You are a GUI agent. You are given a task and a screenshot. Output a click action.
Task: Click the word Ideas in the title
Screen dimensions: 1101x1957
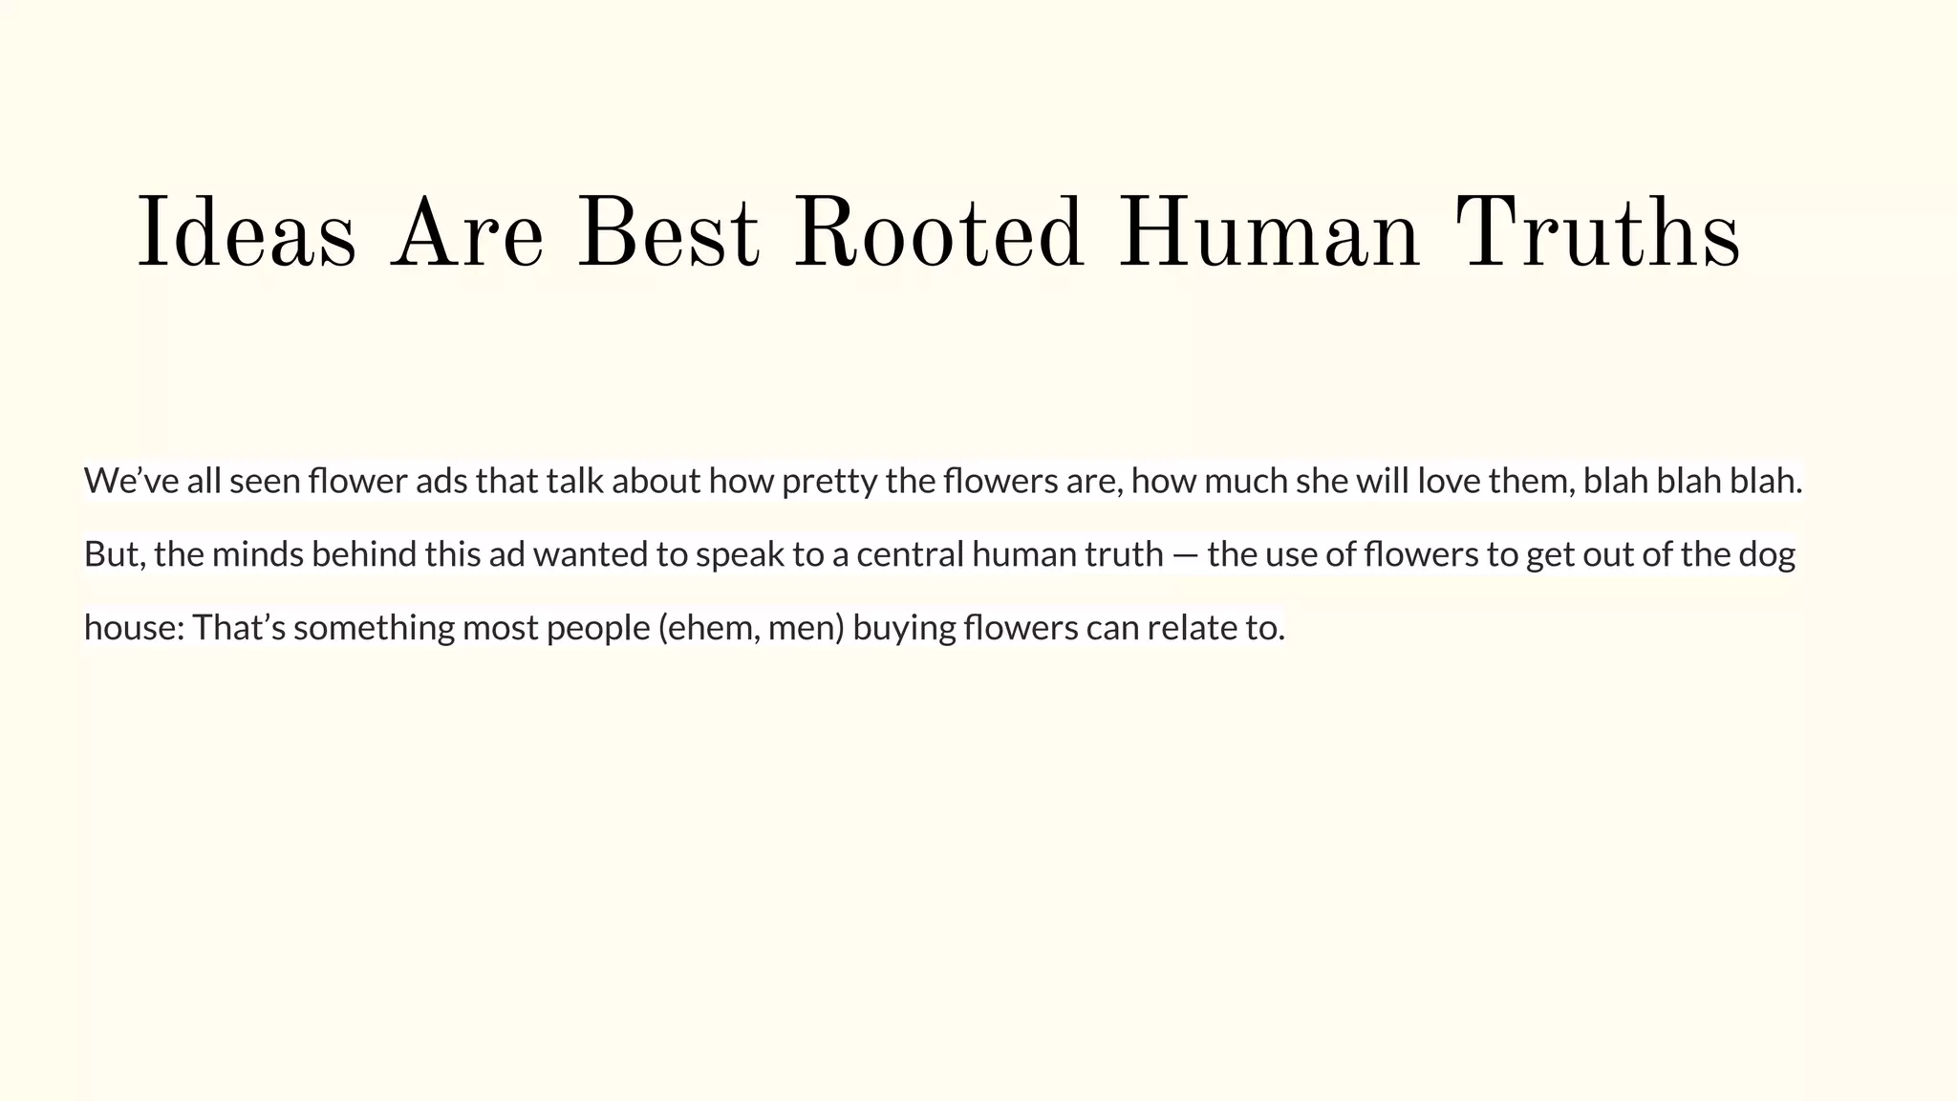pyautogui.click(x=247, y=234)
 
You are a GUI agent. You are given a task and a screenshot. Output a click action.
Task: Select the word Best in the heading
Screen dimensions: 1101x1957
pyautogui.click(x=668, y=234)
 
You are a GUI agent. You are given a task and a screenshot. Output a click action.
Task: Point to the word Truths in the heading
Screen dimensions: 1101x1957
pyautogui.click(x=1597, y=234)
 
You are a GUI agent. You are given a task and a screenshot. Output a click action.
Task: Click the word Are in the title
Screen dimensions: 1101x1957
pyautogui.click(x=466, y=234)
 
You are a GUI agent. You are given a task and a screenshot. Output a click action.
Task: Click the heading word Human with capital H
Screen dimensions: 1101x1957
pyautogui.click(x=1268, y=234)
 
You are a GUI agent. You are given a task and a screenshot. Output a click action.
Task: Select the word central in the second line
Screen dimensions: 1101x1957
pyautogui.click(x=910, y=554)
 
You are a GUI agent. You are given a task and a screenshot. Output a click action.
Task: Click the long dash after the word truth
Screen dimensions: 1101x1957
pyautogui.click(x=1185, y=555)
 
